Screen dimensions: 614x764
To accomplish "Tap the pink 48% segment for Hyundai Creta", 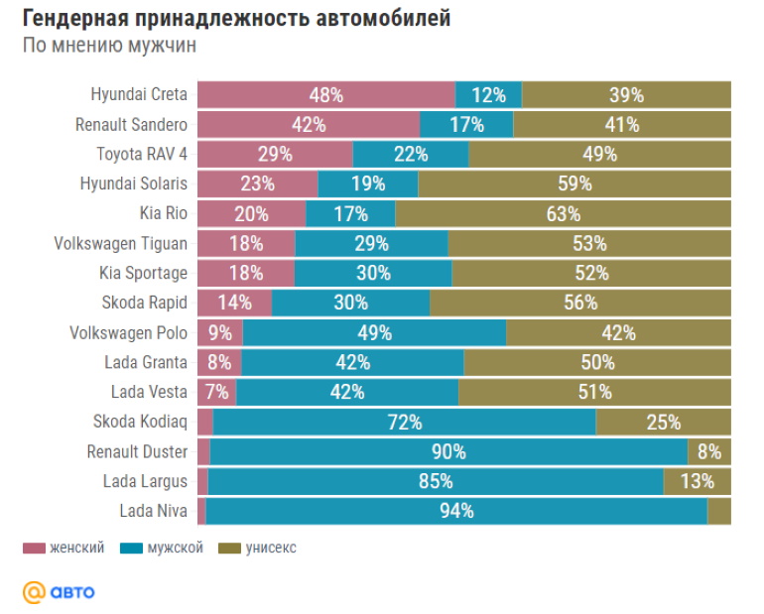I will (325, 95).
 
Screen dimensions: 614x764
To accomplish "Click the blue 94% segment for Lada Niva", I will (456, 512).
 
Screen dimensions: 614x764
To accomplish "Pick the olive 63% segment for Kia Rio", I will (563, 214).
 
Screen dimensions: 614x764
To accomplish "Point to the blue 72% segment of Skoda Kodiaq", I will (404, 423).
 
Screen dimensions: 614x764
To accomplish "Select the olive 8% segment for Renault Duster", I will (708, 452).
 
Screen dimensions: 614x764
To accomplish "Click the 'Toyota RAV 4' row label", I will (142, 155).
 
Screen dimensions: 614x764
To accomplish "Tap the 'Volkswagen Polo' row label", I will (128, 333).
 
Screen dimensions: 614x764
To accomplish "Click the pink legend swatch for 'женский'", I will (34, 548).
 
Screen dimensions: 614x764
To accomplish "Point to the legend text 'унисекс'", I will (271, 548).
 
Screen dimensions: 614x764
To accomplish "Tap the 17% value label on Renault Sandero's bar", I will (466, 125).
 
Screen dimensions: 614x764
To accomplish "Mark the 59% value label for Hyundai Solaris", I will (574, 184).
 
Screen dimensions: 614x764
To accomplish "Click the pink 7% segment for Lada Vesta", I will (216, 393).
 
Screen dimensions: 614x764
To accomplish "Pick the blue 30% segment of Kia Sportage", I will (373, 274).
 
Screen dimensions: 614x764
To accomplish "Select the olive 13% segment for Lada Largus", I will (697, 482).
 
